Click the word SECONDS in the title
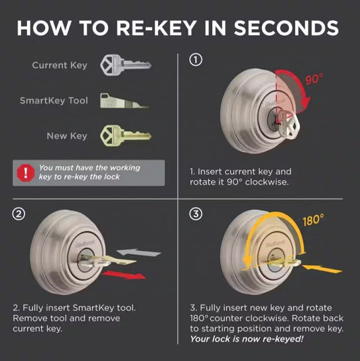286,28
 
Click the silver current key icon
126,65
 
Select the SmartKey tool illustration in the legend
124,101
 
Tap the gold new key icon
126,136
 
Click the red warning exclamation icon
26,173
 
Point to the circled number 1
196,60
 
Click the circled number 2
19,214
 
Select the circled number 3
196,214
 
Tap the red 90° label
314,79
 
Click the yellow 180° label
313,220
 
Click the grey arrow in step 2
138,253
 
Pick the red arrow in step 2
124,275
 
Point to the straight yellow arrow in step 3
322,268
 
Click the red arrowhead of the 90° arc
305,102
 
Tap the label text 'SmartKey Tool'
54,101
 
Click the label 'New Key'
67,136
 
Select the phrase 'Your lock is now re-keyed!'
247,339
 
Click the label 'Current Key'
59,65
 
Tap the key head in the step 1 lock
294,126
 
